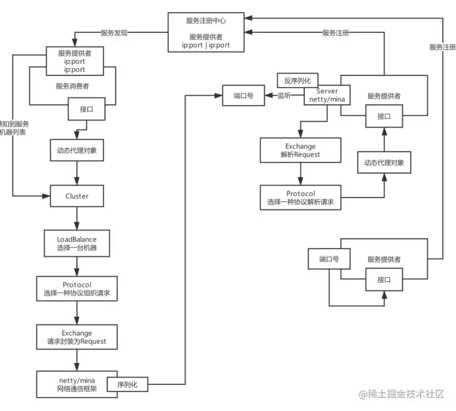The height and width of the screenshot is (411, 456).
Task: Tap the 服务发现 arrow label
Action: (x=114, y=32)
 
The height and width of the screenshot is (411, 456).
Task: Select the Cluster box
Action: (x=77, y=196)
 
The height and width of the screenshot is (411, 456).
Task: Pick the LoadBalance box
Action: (x=77, y=242)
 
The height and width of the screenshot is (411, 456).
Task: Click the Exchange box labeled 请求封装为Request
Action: (x=77, y=337)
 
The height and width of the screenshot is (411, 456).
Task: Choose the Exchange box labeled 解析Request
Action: (x=300, y=151)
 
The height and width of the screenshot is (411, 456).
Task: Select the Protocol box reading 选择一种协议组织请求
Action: (x=77, y=289)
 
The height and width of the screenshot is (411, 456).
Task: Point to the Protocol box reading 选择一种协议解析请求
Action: (x=300, y=198)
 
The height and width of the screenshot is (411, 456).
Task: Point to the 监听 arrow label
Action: (x=284, y=96)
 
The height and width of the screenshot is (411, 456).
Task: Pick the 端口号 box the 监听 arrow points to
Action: (x=243, y=96)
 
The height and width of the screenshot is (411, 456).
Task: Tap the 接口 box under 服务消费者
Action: (x=87, y=109)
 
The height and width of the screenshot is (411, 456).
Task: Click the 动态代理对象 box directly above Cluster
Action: (x=77, y=151)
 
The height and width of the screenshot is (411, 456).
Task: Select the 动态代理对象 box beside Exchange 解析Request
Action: (x=383, y=163)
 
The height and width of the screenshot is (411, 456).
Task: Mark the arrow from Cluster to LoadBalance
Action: (x=77, y=219)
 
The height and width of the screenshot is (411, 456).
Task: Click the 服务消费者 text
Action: (x=76, y=86)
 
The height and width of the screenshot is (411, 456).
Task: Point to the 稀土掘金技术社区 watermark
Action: (x=401, y=394)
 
